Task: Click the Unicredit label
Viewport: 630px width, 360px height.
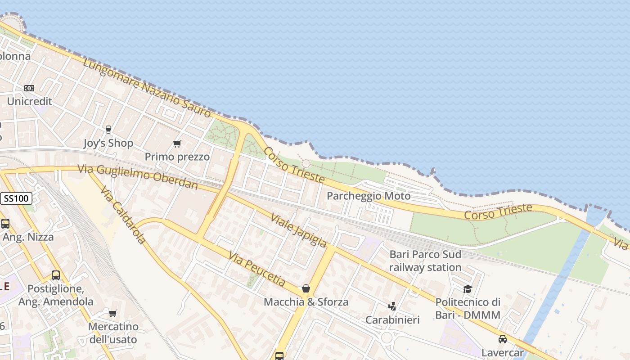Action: [x=30, y=101]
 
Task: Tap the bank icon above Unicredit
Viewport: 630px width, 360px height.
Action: [x=29, y=88]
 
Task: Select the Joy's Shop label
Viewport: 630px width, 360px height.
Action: [x=108, y=143]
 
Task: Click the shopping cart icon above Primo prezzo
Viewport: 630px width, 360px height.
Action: [x=177, y=144]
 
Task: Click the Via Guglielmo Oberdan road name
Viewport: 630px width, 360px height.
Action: [x=138, y=177]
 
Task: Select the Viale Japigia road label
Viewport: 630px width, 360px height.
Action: [x=298, y=230]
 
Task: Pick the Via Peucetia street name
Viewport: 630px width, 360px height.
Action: [x=257, y=269]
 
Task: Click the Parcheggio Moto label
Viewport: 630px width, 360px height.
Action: [x=369, y=196]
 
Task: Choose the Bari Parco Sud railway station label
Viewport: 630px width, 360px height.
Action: [x=425, y=261]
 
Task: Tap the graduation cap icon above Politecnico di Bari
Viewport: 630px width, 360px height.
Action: [x=468, y=289]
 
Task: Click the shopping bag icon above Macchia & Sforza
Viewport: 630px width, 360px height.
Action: [x=306, y=288]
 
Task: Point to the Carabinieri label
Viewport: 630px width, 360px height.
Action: [x=392, y=320]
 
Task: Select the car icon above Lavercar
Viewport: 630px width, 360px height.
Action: [x=502, y=339]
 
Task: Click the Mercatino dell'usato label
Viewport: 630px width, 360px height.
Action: [x=113, y=333]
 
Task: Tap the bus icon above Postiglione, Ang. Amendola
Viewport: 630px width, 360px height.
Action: [x=56, y=275]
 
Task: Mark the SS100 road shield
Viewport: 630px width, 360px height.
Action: [x=16, y=198]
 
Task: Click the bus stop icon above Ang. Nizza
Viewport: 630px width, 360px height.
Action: [x=5, y=223]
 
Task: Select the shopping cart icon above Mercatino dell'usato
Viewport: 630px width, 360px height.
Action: [x=113, y=313]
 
